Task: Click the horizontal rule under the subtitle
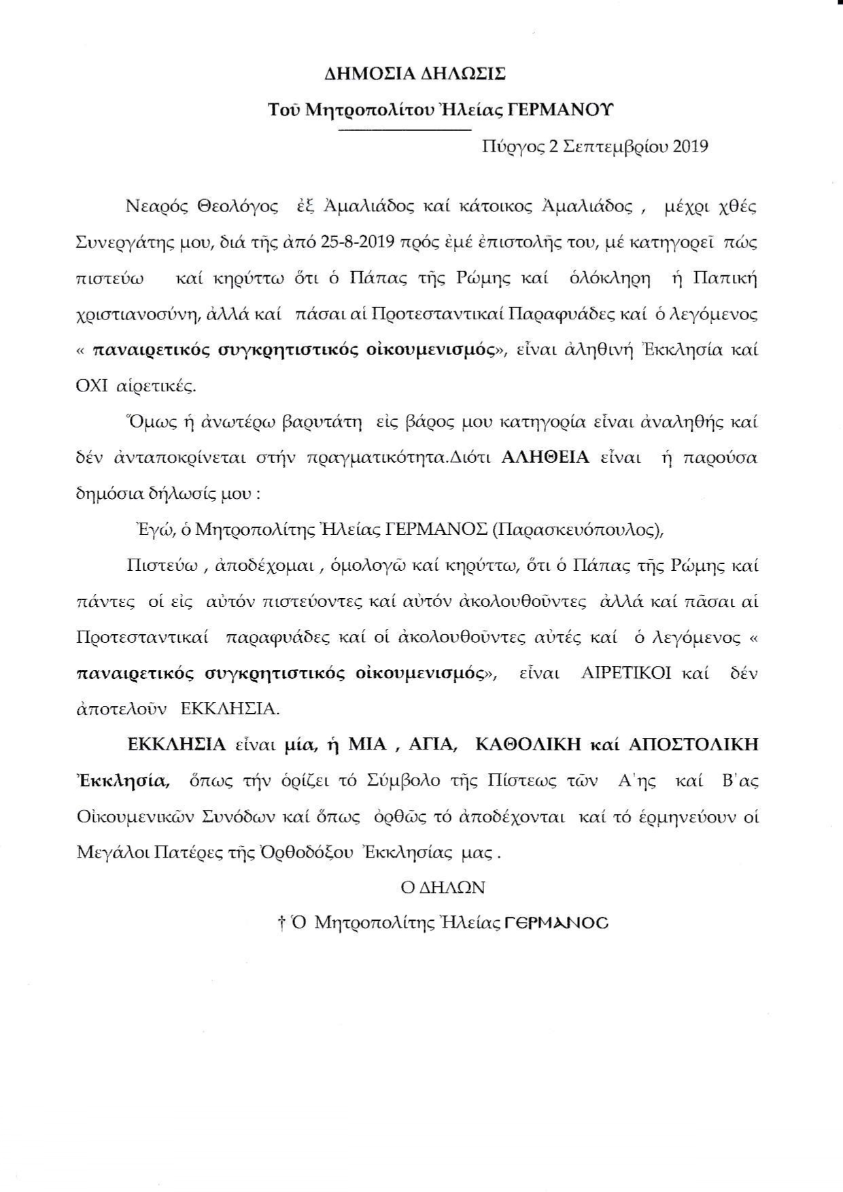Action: (x=404, y=129)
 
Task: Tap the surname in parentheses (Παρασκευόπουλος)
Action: (x=576, y=530)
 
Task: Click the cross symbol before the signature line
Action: (x=281, y=924)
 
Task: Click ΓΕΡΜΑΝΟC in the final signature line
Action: (x=557, y=924)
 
